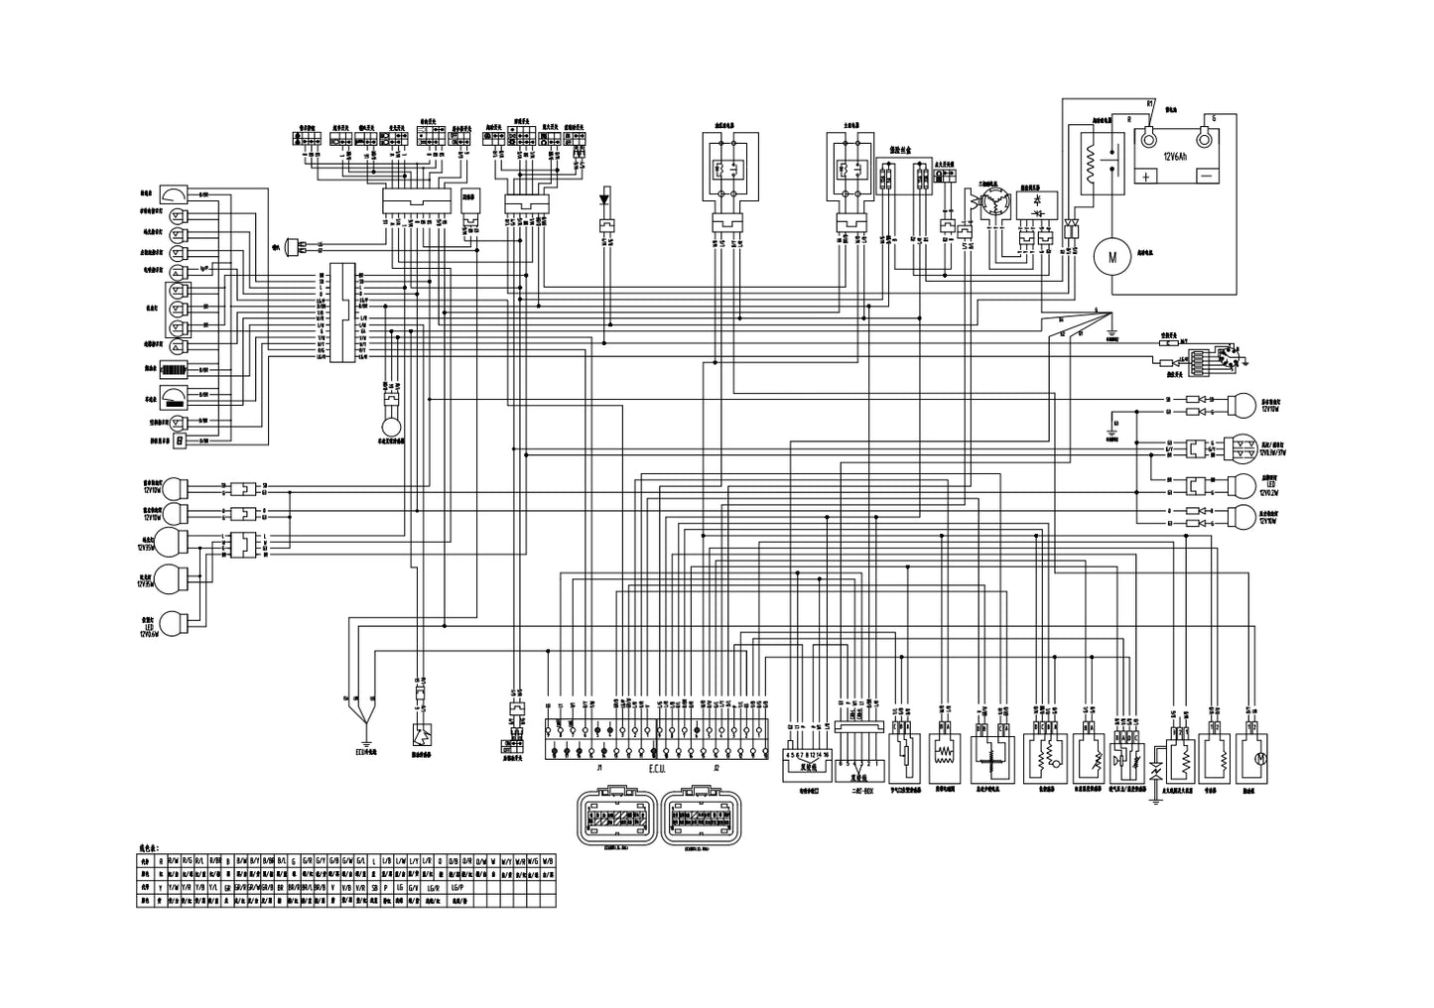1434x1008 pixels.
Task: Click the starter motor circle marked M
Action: tap(1112, 257)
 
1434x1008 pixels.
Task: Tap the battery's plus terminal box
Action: tap(1146, 176)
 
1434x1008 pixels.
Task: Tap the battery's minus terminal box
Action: tap(1207, 176)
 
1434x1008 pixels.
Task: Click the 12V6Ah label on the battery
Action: tap(1177, 157)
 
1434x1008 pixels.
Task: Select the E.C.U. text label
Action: tap(657, 769)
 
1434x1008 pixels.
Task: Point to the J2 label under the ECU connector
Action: tap(715, 768)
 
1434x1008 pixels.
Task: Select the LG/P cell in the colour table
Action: tap(456, 885)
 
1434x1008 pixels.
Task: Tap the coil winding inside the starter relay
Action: tap(1092, 158)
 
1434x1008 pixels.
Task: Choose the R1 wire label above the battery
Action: tap(1149, 103)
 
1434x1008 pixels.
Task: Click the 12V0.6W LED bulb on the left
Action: tap(176, 622)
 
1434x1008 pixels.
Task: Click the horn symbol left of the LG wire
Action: tap(293, 244)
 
